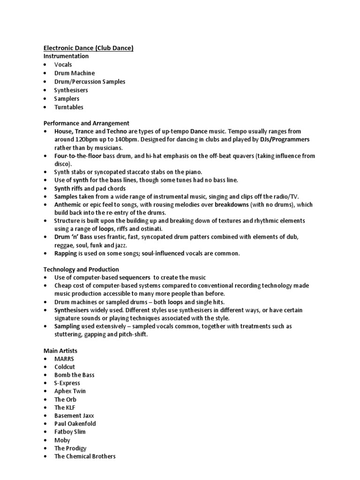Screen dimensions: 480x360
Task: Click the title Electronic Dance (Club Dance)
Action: click(89, 48)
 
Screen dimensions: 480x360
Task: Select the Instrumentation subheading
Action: click(66, 56)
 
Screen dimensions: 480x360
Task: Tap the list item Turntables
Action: click(68, 107)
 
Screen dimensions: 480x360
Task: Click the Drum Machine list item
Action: click(74, 73)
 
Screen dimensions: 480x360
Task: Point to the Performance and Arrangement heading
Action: click(86, 123)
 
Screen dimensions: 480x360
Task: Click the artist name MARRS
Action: click(64, 359)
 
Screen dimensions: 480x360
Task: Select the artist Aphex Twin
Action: click(70, 391)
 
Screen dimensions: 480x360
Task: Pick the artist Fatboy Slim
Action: click(70, 432)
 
